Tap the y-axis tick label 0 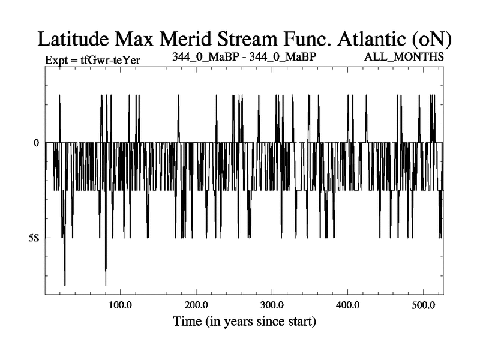[x=37, y=143]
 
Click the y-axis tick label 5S [x=34, y=238]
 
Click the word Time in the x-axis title [x=187, y=321]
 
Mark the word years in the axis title [x=241, y=322]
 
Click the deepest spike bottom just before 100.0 [x=106, y=284]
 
